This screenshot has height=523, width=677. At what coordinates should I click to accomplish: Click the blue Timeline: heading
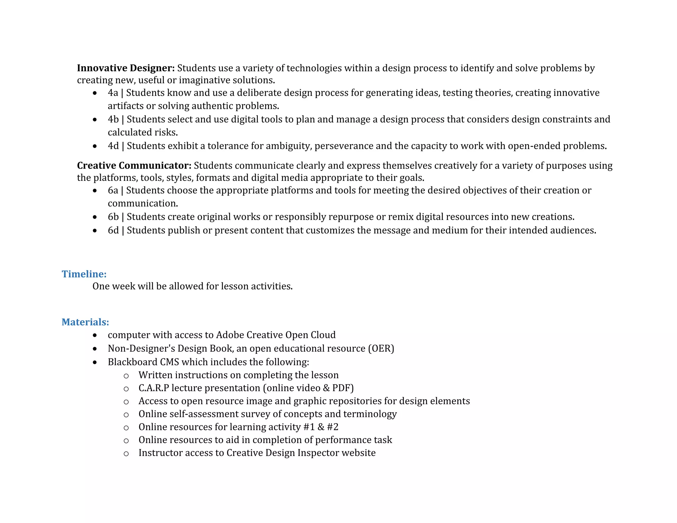coord(84,274)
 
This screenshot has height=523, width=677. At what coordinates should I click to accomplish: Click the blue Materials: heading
coord(85,322)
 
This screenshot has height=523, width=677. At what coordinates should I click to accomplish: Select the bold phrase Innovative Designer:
coord(126,68)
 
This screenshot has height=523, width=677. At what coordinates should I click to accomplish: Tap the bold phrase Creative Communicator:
coord(134,166)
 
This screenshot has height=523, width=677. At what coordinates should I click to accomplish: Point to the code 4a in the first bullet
coord(113,93)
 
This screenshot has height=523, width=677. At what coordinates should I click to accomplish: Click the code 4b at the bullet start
coord(113,119)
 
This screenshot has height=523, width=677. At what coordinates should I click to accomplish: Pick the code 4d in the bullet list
coord(113,146)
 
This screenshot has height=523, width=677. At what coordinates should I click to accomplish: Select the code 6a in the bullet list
coord(113,190)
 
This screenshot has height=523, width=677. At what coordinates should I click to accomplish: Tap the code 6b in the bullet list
coord(113,217)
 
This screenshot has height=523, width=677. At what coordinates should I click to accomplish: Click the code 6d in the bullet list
coord(113,230)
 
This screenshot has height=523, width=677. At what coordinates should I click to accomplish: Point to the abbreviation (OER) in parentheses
coord(381,348)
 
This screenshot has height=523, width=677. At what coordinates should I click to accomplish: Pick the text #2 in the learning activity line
coord(333,427)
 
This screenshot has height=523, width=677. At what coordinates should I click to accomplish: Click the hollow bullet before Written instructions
coord(126,376)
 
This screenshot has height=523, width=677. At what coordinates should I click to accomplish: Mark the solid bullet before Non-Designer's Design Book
coord(95,349)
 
